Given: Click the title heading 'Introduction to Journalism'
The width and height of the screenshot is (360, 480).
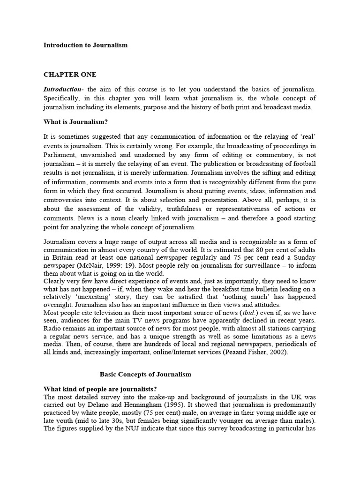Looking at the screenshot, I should point(85,45).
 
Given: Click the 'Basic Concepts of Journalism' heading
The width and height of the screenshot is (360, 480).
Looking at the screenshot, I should point(145,375).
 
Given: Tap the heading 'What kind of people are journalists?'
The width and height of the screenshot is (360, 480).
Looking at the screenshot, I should point(100,389).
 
